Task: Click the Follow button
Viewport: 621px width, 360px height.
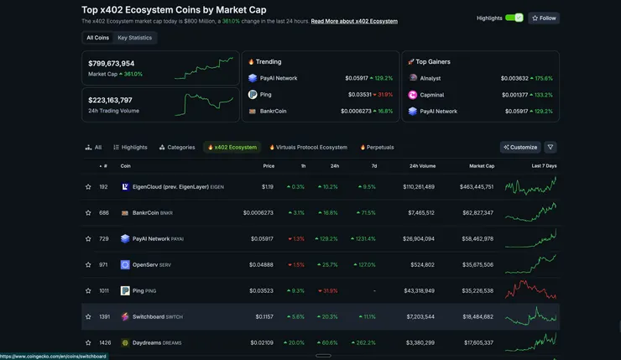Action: pos(544,18)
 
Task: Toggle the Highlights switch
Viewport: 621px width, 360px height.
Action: pos(514,18)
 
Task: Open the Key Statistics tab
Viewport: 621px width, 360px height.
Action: pos(134,38)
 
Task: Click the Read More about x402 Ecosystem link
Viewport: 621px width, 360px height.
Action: pos(354,21)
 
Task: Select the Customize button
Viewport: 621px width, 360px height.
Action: pos(520,147)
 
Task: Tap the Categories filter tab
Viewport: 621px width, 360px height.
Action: pos(177,147)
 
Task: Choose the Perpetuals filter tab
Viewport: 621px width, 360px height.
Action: pos(377,147)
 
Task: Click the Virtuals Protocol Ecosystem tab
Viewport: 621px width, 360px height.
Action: pos(307,147)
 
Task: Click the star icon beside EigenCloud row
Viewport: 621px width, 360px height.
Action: pos(88,187)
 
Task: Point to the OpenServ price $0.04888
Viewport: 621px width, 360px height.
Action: pos(261,264)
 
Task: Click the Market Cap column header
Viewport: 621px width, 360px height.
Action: pos(482,166)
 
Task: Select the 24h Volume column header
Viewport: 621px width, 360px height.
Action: pos(422,166)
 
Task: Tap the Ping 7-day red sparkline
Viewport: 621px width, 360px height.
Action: pos(530,290)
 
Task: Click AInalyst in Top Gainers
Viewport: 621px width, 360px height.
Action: pos(431,78)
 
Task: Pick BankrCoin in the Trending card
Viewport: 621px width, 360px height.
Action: pos(273,111)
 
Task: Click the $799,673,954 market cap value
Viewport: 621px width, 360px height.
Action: pos(112,63)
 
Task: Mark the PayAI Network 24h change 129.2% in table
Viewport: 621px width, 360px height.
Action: pos(327,238)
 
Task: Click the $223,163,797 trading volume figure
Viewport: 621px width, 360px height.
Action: pos(110,100)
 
